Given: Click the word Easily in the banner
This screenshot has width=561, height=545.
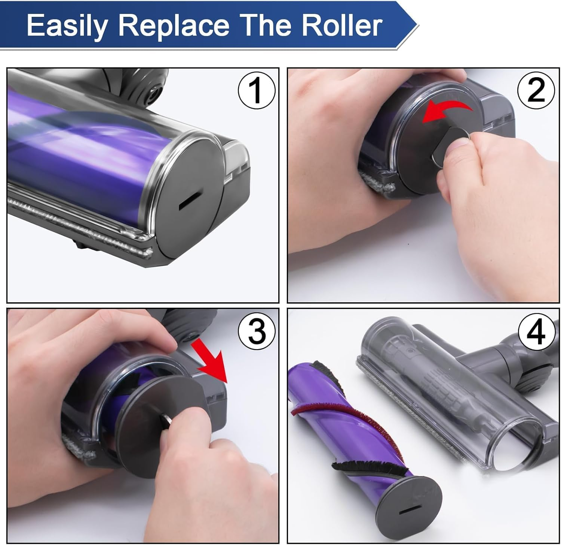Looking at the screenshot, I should click(x=67, y=25).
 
